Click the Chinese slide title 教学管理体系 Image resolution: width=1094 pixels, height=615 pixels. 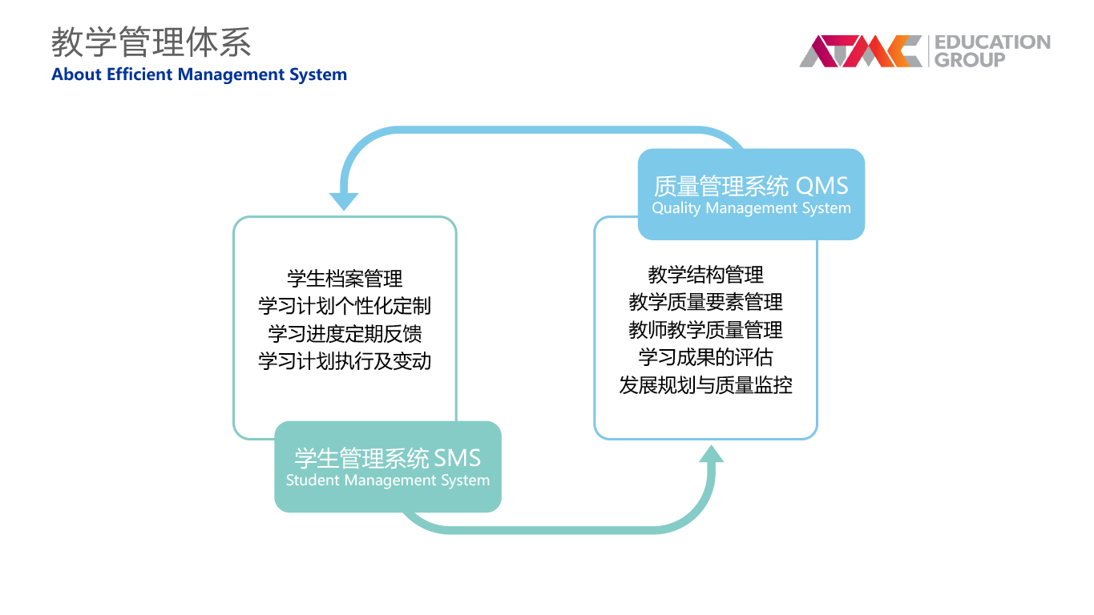point(151,42)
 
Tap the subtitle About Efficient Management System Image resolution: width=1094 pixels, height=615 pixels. point(200,74)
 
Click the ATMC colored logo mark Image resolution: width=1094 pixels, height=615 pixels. point(861,50)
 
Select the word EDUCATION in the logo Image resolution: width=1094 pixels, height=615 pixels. point(992,42)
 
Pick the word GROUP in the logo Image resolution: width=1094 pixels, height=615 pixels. point(970,59)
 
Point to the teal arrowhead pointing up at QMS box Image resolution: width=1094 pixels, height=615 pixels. point(711,454)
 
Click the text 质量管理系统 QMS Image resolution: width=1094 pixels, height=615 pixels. point(751,186)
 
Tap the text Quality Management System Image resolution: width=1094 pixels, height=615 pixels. point(751,208)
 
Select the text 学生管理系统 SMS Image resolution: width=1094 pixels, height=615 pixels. point(388,458)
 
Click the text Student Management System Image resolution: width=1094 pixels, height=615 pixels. point(388,480)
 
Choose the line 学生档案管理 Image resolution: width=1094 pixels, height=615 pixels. point(345,279)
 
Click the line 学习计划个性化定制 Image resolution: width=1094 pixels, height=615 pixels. point(345,306)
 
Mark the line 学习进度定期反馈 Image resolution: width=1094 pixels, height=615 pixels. point(345,334)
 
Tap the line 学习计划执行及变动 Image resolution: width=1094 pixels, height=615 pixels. point(345,361)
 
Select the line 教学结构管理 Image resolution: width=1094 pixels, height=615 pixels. point(706,275)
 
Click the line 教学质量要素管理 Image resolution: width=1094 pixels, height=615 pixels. point(706,302)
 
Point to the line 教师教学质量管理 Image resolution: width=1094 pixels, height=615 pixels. point(706,330)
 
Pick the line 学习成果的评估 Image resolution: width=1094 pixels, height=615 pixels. point(706,357)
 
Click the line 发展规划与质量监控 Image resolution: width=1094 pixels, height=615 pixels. point(706,385)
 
